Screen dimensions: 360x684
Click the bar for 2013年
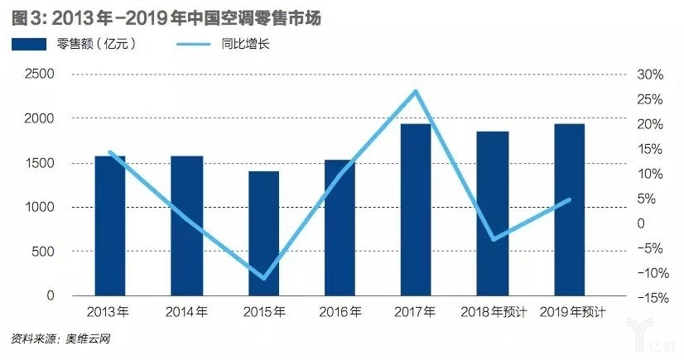(x=110, y=225)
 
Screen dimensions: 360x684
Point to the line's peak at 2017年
(x=417, y=91)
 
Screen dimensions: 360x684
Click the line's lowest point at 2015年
(x=264, y=278)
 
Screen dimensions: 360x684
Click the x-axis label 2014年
(x=187, y=312)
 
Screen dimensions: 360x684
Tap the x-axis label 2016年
(x=340, y=312)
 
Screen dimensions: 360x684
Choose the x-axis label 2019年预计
(x=571, y=312)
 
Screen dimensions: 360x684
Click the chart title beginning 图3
(x=166, y=15)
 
